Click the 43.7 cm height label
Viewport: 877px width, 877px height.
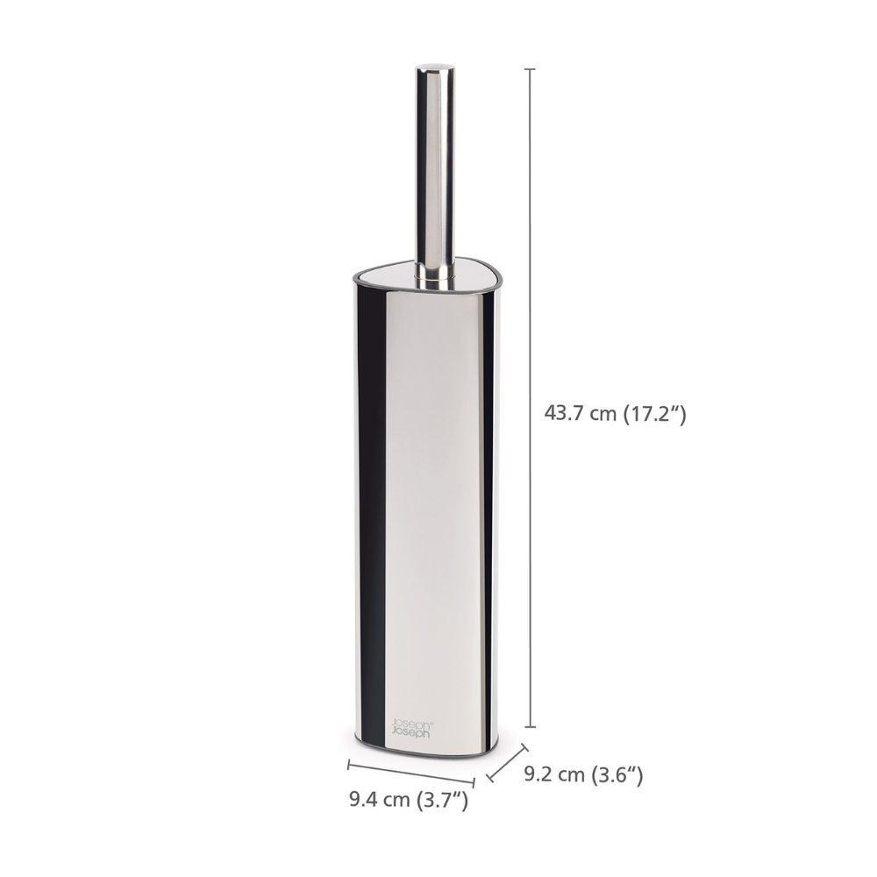pos(614,414)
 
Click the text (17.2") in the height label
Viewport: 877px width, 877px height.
pos(653,414)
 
